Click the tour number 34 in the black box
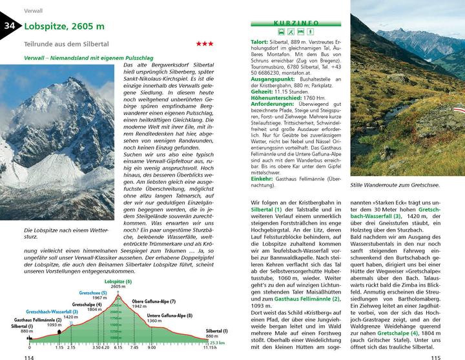pos(10,26)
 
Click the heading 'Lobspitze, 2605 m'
pos(63,26)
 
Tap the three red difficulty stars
pos(205,44)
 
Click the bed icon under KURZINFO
pos(302,31)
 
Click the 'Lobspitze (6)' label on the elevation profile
pos(118,282)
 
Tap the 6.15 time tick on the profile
pos(118,348)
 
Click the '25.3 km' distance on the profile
pos(218,343)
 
